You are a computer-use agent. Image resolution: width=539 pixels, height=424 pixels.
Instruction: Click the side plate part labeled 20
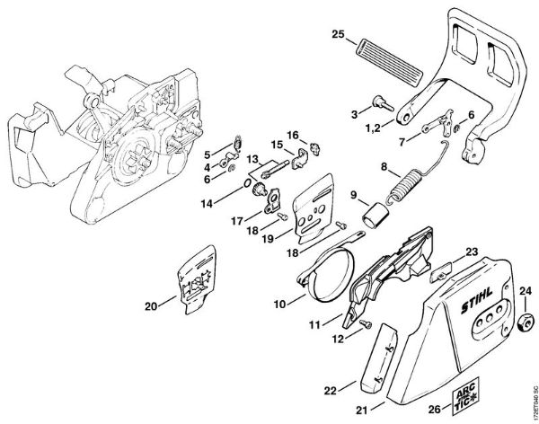199,278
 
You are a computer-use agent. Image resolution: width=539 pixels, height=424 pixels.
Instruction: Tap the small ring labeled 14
245,183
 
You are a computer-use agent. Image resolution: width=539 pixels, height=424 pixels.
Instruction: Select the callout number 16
293,135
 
